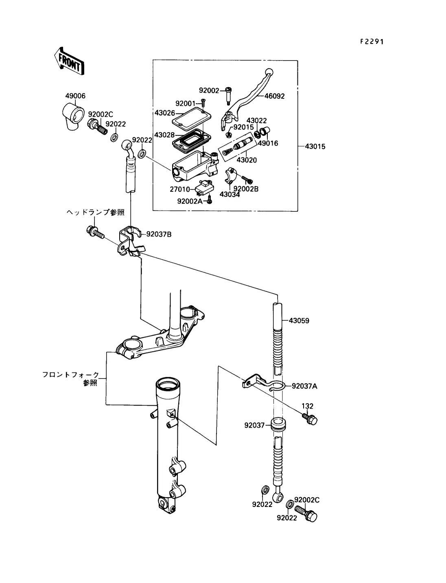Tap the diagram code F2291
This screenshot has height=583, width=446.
pos(372,41)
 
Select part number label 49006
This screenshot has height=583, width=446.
pos(75,96)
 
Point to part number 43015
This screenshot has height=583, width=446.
pos(315,146)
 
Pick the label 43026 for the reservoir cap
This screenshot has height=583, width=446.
pos(164,112)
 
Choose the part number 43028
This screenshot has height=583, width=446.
pos(164,135)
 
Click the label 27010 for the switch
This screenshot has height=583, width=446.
pos(179,189)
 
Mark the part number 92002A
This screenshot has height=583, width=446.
pos(190,201)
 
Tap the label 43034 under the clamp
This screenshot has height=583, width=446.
pos(230,195)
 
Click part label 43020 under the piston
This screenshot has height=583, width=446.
pos(247,160)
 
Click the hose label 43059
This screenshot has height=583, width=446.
pos(299,321)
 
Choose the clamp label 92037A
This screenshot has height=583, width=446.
pos(304,386)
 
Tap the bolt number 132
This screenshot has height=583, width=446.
pos(307,406)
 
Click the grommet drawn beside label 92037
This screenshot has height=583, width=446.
pos(278,424)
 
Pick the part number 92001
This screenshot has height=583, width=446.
pos(186,104)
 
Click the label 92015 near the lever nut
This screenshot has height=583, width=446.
pos(243,127)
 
